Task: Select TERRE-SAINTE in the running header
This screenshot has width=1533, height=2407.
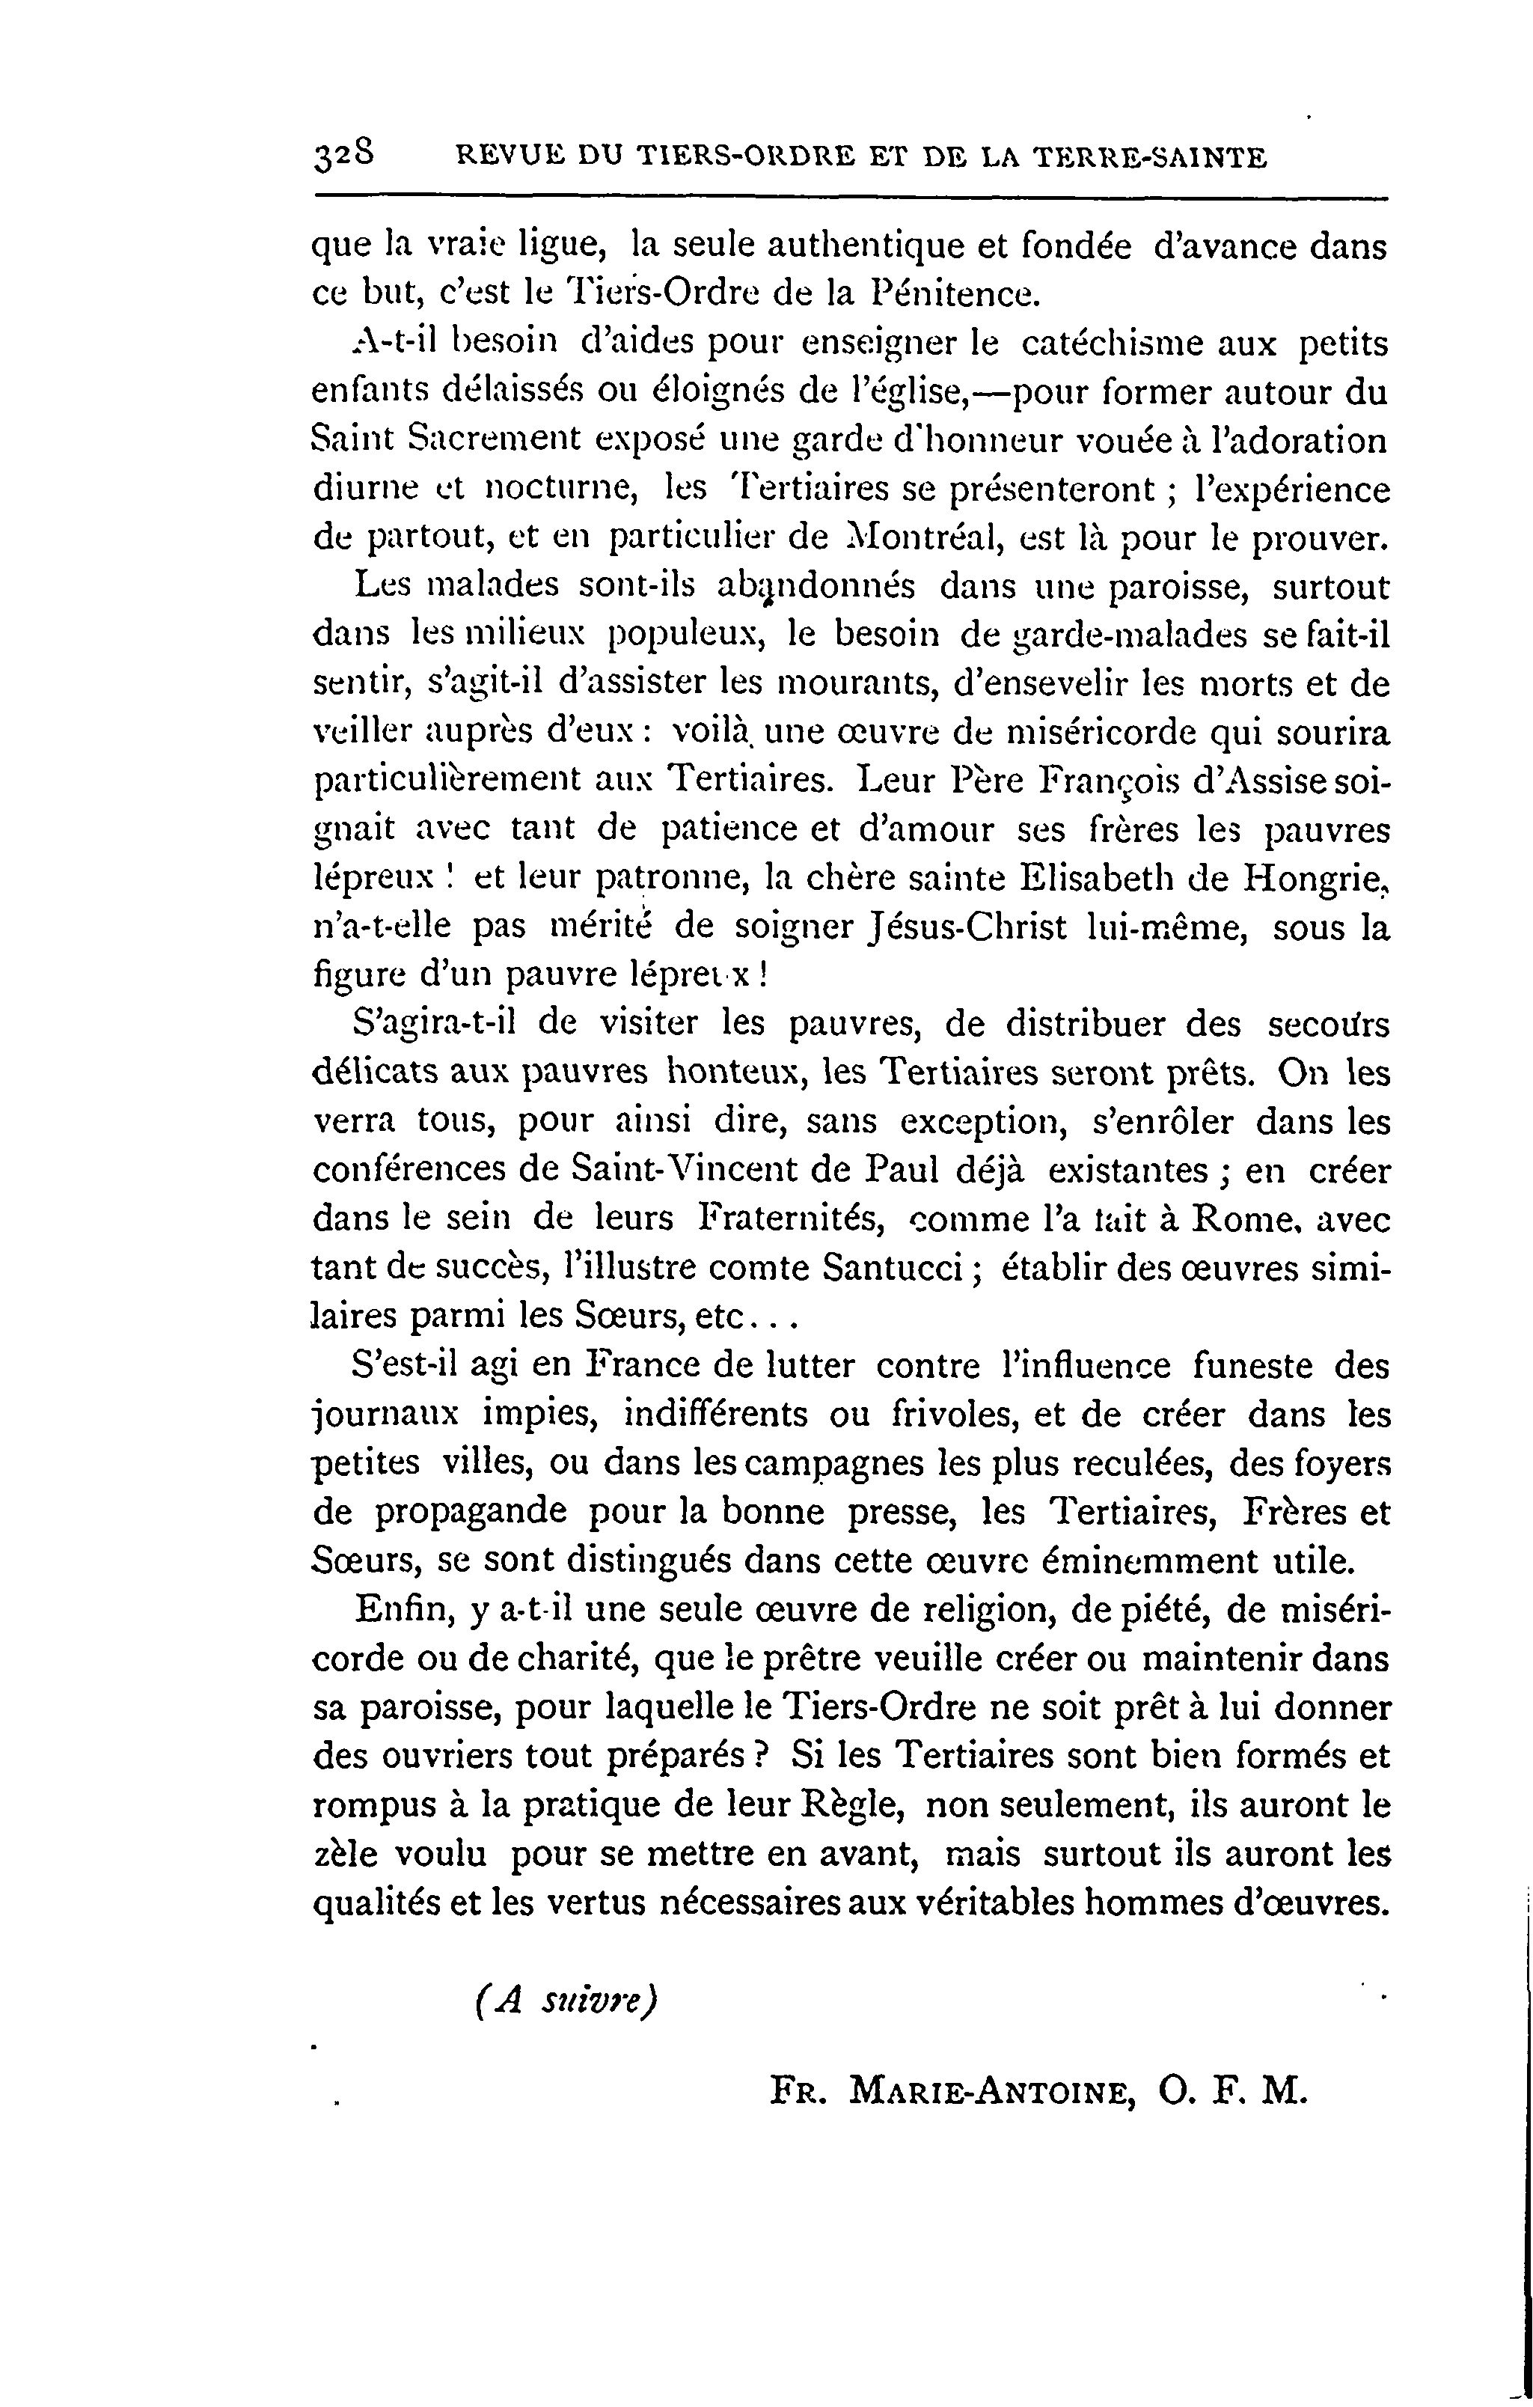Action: point(1149,157)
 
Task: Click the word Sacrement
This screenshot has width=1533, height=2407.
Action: point(486,442)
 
